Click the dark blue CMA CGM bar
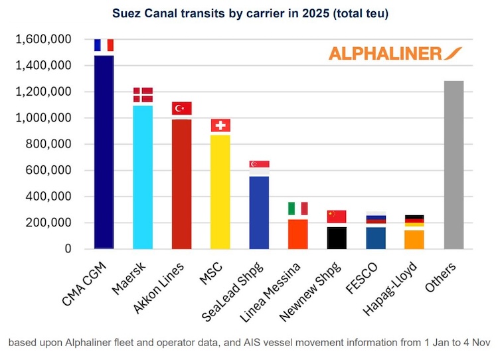[104, 152]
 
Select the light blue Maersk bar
[143, 177]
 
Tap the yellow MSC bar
[220, 192]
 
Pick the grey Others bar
[454, 165]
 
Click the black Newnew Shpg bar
[337, 238]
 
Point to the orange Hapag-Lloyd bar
[414, 240]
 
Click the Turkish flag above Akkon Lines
[182, 108]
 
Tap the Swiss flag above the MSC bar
[220, 125]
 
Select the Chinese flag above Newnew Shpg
[337, 217]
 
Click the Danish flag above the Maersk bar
[143, 95]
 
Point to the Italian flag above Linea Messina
[298, 209]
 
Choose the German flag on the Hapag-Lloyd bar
[414, 221]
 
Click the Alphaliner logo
[395, 54]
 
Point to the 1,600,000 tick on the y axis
[44, 39]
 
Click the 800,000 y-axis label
[48, 144]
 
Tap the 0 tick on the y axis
[68, 249]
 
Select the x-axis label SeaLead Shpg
[232, 292]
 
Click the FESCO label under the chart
[361, 278]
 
